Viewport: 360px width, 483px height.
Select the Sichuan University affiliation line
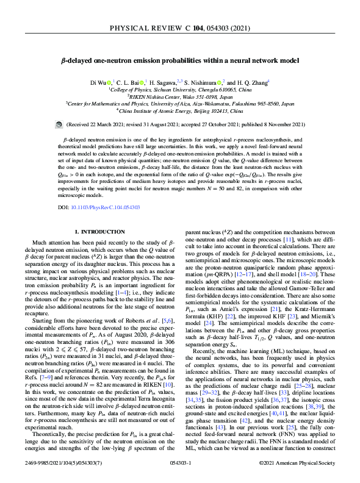[x=181, y=88]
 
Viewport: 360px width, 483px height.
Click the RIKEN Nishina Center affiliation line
[x=181, y=96]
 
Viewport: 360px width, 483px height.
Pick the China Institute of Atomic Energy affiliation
[x=181, y=110]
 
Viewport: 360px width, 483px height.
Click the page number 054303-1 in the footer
[x=180, y=463]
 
